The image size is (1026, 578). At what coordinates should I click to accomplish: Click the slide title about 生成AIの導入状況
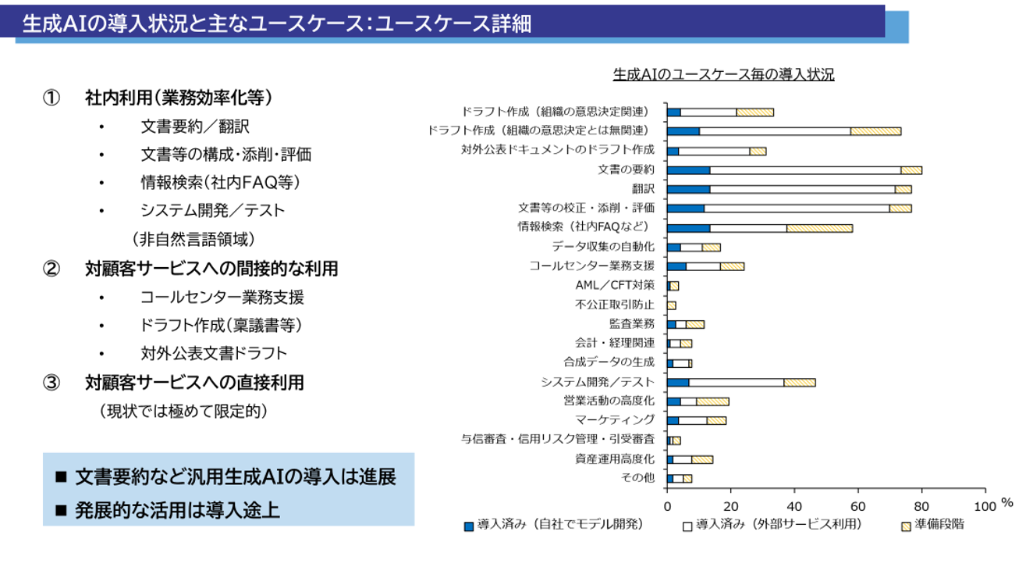tap(277, 23)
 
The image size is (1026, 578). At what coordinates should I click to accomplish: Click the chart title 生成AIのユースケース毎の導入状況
tap(723, 75)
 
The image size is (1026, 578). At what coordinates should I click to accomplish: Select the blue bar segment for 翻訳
tap(688, 189)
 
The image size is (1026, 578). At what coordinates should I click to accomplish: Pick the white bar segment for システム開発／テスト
tap(736, 382)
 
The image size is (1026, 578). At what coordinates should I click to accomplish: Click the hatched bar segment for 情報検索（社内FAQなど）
tap(819, 228)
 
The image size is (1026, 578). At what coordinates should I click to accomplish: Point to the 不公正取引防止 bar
tap(672, 305)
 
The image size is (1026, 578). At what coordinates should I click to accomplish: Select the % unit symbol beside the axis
tap(1007, 504)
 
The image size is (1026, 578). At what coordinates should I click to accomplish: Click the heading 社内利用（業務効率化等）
tap(179, 98)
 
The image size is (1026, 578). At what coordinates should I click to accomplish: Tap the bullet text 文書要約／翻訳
tap(195, 127)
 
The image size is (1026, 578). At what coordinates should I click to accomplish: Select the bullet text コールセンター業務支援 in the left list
tap(222, 297)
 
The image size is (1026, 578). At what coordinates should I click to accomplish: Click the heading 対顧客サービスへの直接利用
tap(195, 383)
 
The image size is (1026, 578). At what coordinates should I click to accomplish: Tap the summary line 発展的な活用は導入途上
tap(177, 510)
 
